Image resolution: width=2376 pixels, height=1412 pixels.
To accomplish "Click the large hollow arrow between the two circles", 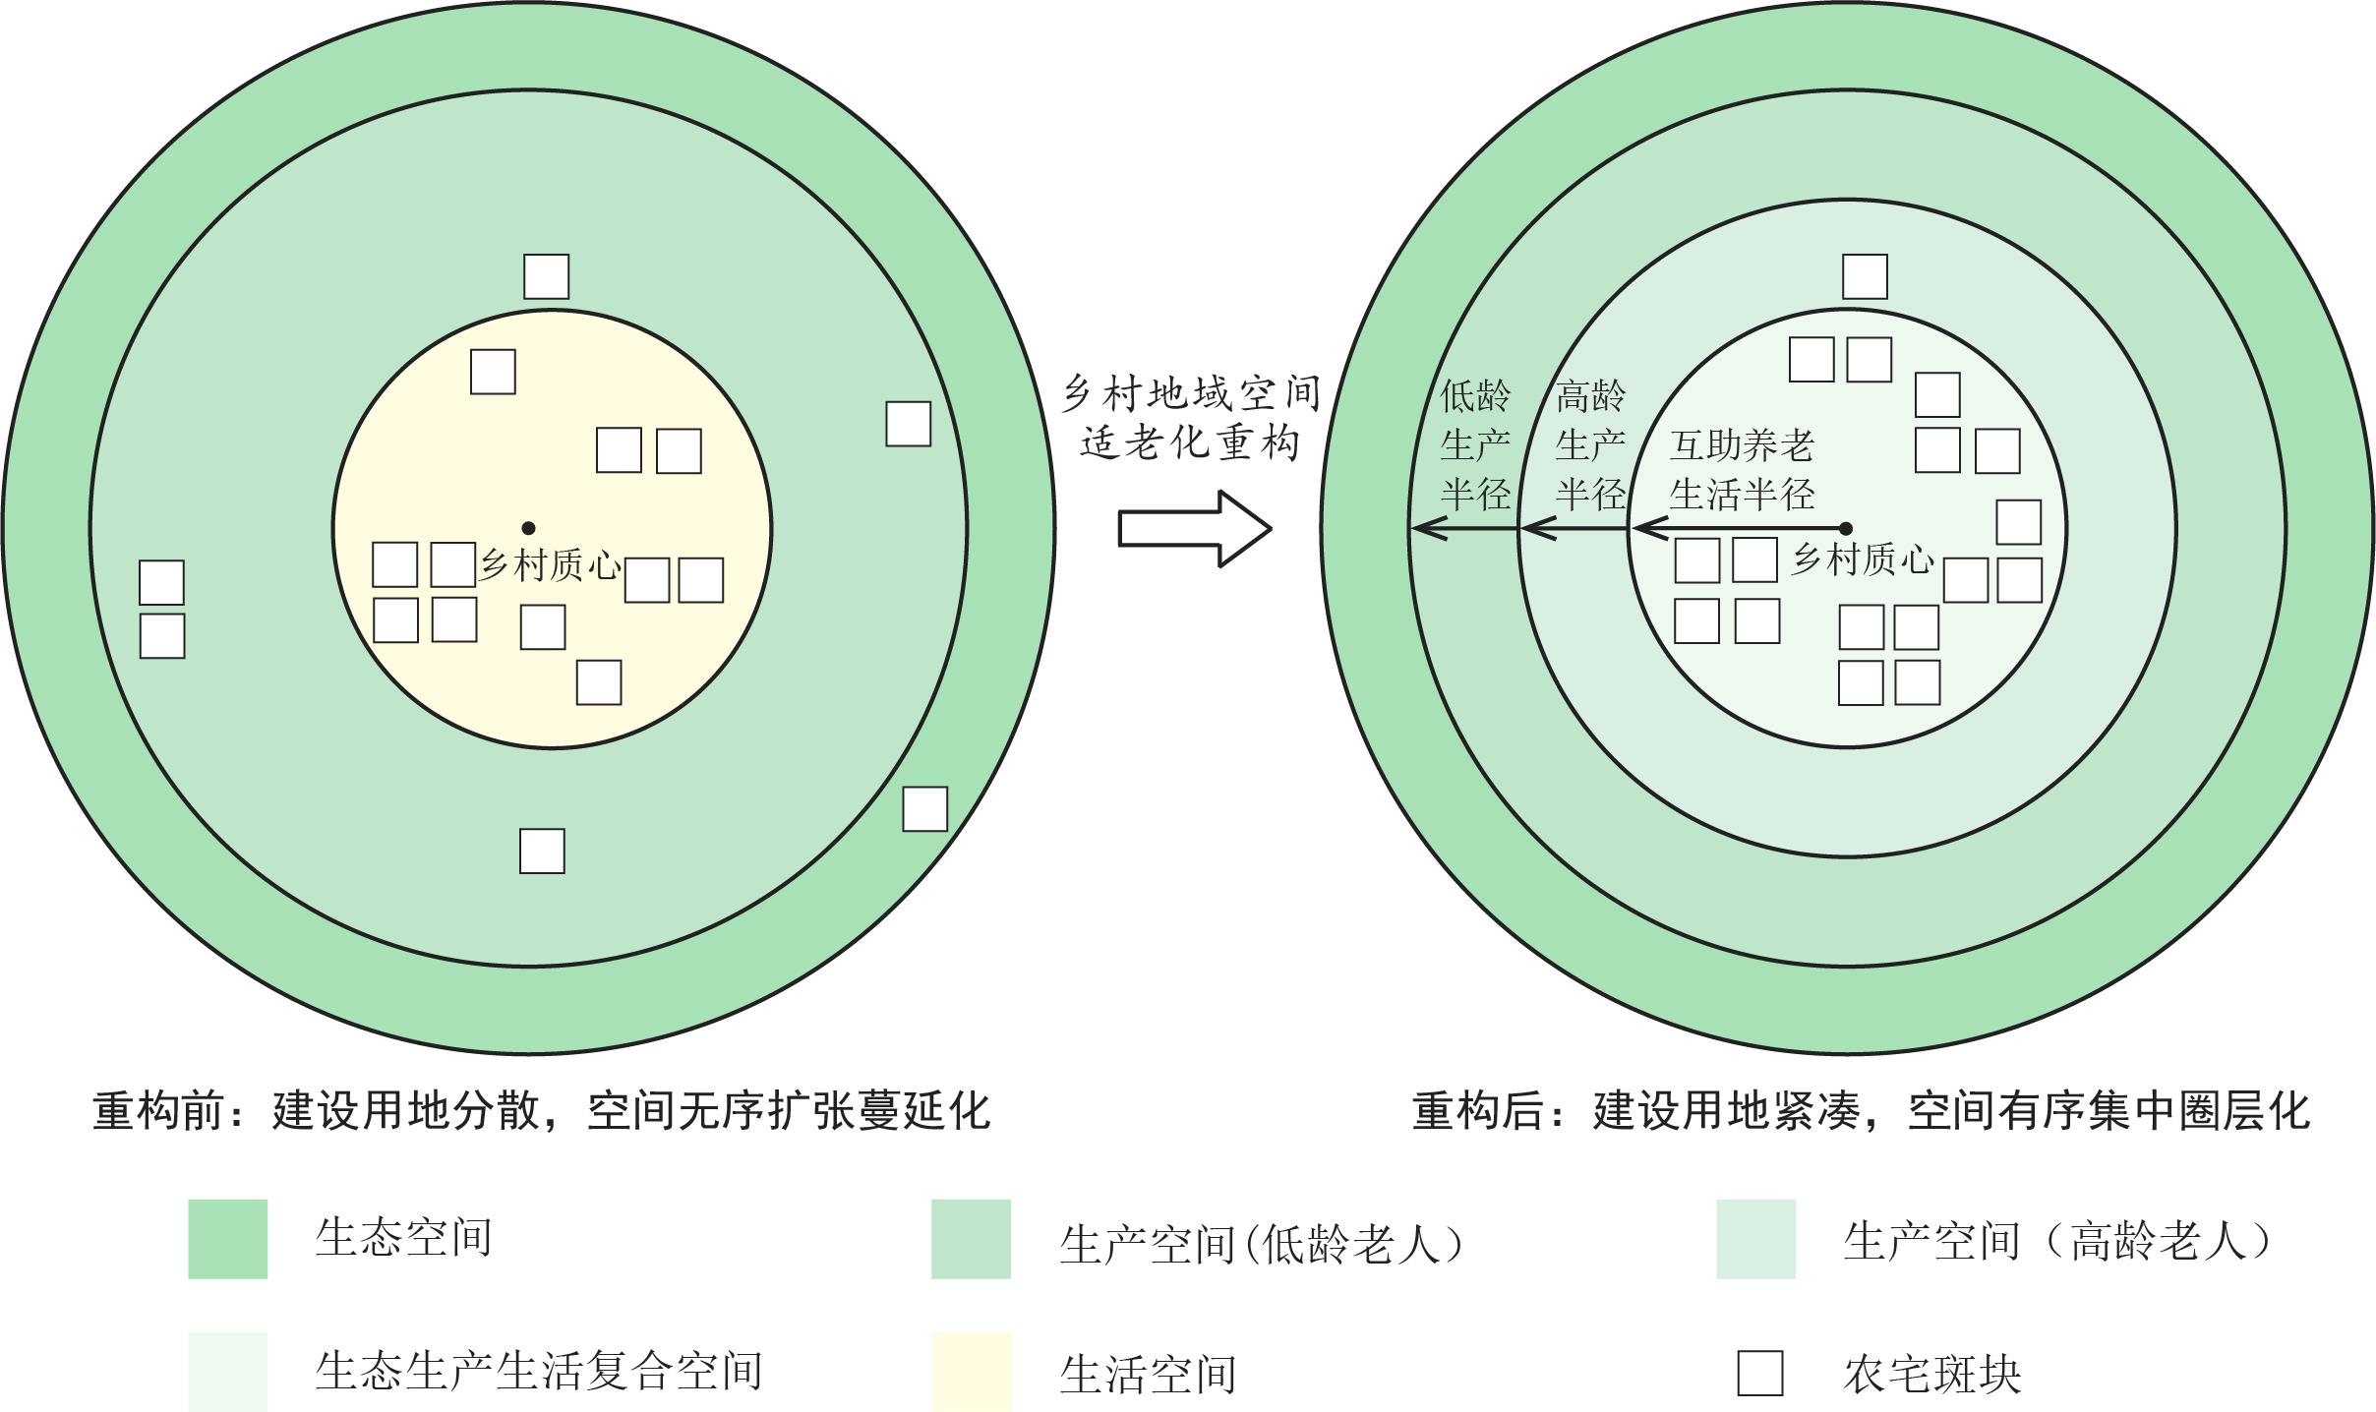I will [x=1194, y=529].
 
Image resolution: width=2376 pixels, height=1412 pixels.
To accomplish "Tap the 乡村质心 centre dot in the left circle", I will [x=528, y=528].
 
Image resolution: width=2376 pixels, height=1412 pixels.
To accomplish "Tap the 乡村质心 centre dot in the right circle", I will [x=1845, y=529].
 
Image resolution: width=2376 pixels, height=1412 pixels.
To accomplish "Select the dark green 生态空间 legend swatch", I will [x=227, y=1238].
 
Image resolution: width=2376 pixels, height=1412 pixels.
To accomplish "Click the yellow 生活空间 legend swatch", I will [x=971, y=1371].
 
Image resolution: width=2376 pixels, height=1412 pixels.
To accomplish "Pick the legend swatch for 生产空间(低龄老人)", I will [x=971, y=1238].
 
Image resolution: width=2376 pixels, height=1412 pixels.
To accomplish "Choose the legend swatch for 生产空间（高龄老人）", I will [x=1755, y=1238].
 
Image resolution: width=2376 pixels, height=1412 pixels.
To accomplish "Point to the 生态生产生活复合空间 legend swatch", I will [x=227, y=1371].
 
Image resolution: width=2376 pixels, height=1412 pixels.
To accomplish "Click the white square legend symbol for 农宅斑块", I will [x=1759, y=1373].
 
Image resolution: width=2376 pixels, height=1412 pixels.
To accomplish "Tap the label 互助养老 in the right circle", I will [x=1742, y=445].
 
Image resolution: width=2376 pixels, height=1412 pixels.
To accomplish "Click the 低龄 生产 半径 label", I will [x=1475, y=444].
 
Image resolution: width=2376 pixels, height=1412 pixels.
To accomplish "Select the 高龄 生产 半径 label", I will [x=1590, y=444].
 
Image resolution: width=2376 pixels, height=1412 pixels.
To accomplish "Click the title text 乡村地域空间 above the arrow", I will [x=1191, y=394].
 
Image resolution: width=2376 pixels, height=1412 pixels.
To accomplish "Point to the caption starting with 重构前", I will [x=541, y=1110].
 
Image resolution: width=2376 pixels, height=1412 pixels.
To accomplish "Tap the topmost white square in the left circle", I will [x=546, y=276].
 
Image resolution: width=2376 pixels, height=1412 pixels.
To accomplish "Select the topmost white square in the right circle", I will [x=1865, y=276].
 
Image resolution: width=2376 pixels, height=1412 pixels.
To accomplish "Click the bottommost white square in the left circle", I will [x=542, y=851].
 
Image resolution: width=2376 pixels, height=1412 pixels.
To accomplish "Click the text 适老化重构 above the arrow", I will [x=1190, y=443].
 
